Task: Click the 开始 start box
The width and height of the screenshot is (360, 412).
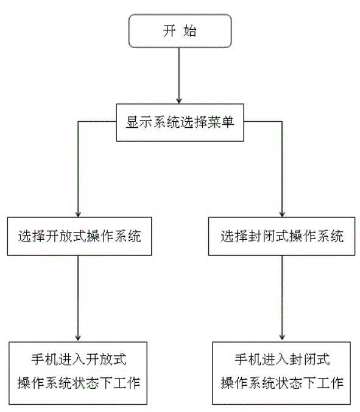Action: click(180, 31)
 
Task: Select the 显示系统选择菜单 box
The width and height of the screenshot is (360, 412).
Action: click(180, 122)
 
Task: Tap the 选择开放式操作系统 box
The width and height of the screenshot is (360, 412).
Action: click(79, 236)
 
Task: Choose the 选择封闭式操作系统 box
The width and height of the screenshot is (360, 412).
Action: click(281, 236)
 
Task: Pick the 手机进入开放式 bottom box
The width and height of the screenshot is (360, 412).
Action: click(78, 373)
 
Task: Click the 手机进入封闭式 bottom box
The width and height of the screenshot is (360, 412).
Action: click(281, 373)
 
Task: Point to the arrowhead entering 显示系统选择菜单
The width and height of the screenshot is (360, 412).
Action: click(179, 100)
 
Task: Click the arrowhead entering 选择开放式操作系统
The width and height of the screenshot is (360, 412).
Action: click(78, 214)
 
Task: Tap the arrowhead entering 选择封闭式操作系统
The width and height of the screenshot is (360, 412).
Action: click(282, 214)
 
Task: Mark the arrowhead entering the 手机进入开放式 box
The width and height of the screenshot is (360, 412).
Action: click(78, 338)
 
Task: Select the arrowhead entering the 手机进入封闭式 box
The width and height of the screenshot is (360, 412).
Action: click(282, 338)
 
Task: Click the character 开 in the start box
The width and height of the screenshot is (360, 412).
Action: click(169, 31)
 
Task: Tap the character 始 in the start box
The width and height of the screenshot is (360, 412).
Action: click(190, 31)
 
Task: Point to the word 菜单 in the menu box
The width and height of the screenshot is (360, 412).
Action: click(221, 122)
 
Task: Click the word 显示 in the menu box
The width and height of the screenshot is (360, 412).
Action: click(139, 122)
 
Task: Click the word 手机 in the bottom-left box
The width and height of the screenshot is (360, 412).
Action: click(45, 360)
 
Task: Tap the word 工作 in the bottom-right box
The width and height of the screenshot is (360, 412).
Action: click(330, 383)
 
